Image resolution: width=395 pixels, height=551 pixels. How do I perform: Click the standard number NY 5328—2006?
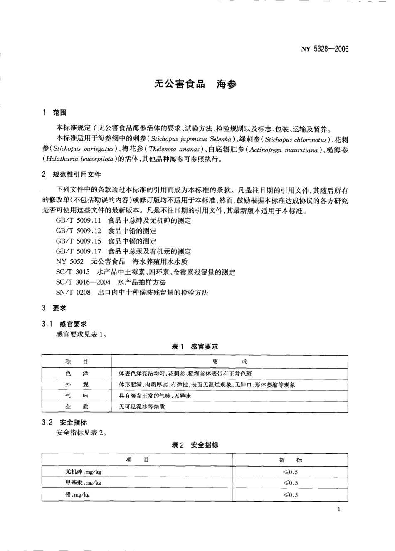coord(325,49)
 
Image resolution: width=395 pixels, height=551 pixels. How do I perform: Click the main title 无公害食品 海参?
coord(195,84)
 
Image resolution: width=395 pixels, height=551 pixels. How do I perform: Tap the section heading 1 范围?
coord(54,113)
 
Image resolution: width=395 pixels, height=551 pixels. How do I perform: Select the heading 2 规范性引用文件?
coord(72,175)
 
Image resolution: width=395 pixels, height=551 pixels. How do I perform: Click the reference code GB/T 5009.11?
coord(79,221)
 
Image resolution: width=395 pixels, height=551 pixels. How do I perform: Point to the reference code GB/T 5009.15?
coord(79,241)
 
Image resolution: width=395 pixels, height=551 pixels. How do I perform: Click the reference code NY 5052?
coord(70,261)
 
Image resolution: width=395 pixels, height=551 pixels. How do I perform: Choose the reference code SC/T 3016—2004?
coord(83,282)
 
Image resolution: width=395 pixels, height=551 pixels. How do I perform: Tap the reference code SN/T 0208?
coord(73,293)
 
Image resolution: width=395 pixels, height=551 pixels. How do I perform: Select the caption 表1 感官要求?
coord(195,347)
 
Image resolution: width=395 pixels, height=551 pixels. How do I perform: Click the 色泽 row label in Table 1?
coord(77,374)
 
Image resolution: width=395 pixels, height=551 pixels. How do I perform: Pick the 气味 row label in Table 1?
coord(77,396)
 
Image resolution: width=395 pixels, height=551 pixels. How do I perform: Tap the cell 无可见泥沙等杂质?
coord(142,407)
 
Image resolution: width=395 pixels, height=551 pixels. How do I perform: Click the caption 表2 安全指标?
coord(195,445)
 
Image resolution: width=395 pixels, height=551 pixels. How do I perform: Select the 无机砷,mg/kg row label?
coord(84,472)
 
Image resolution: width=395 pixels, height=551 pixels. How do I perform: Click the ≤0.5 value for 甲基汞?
coord(291,483)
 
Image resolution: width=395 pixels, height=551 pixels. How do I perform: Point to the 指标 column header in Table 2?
coord(291,460)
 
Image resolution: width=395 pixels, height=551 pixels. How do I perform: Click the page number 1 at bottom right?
coord(339,509)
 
